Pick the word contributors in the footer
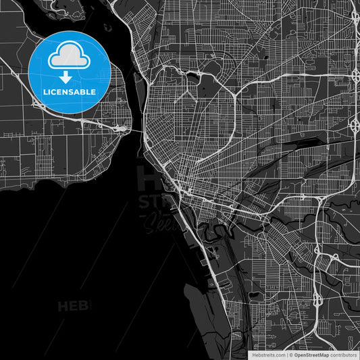click(343, 354)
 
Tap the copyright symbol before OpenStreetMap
click(291, 354)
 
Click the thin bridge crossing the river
click(134, 129)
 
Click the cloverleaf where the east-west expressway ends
click(355, 124)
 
